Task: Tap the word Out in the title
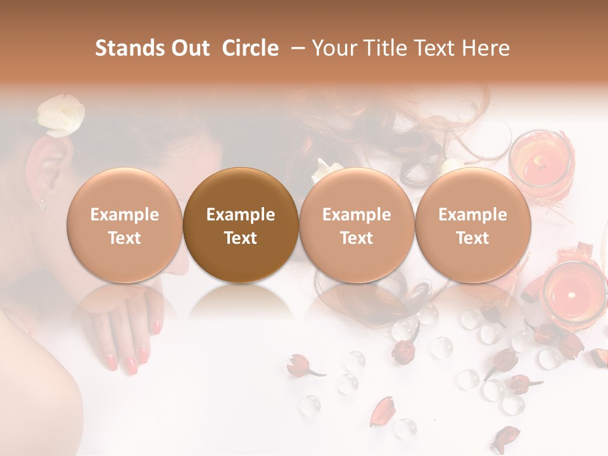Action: coord(189,48)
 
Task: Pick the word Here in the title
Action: coord(485,48)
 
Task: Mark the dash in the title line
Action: coord(296,48)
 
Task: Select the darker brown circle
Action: coord(241,225)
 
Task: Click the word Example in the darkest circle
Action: coord(241,215)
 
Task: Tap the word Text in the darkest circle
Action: coord(241,238)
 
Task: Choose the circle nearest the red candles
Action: coord(472,225)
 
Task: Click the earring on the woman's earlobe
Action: coord(42,204)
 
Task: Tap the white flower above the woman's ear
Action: coord(60,115)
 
